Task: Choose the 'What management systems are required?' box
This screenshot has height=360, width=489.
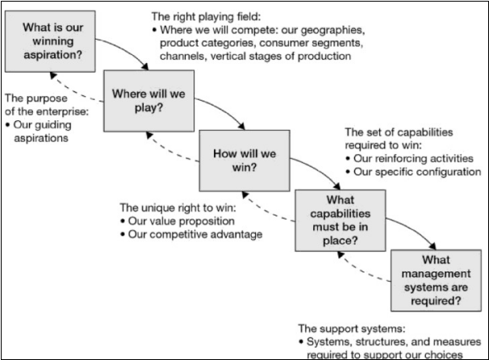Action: point(437,279)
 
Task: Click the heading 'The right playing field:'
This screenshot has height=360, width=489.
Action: point(208,15)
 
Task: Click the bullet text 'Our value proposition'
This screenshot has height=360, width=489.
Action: point(181,220)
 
